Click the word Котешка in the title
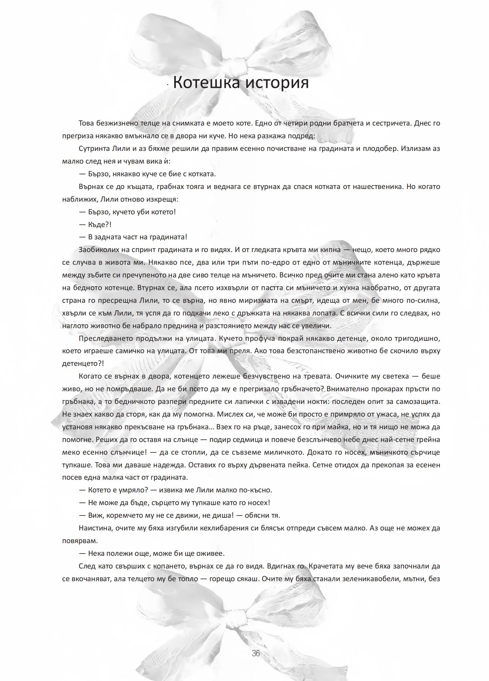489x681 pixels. [x=206, y=82]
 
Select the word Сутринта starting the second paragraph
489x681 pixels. [x=93, y=149]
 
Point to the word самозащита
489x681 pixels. [x=416, y=402]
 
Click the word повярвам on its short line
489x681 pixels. [x=80, y=541]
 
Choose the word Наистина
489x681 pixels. [x=96, y=528]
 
